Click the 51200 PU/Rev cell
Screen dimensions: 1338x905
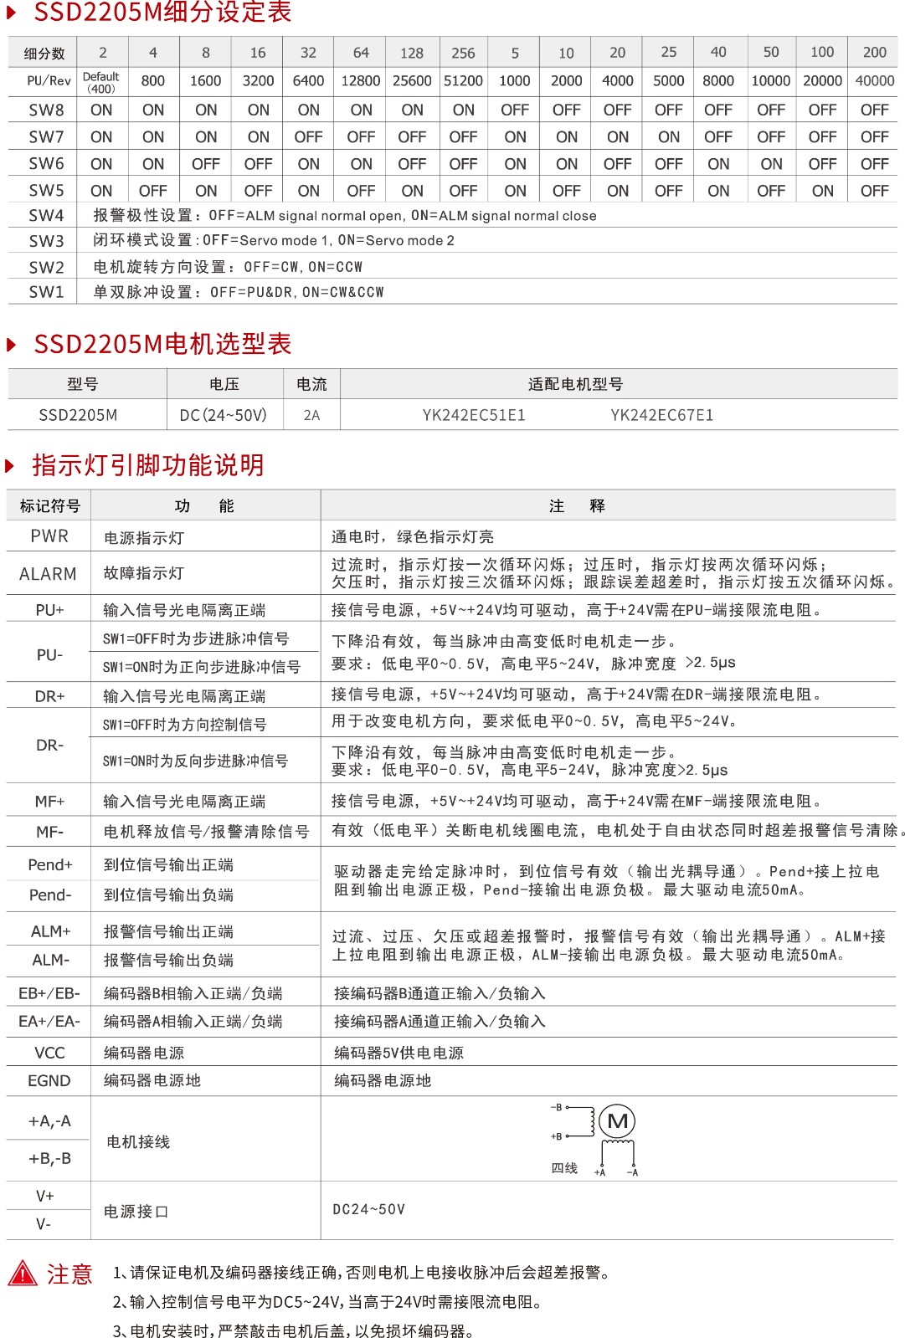463,81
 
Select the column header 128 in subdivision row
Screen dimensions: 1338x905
412,53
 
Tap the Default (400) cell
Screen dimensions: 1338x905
101,82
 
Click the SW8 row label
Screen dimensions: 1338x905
46,110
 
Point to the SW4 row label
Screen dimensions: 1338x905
46,215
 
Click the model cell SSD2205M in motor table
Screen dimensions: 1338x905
78,415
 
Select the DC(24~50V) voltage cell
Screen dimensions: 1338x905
224,415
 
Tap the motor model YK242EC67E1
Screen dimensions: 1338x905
661,415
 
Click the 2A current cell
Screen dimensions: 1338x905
311,415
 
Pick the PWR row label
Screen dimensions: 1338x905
49,536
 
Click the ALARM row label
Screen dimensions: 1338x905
48,574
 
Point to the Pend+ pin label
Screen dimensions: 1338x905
50,864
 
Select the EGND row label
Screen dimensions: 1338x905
49,1080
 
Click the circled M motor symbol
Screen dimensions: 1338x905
618,1121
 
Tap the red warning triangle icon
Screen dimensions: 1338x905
23,1274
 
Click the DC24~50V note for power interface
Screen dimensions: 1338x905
368,1209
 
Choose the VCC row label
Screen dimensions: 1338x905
49,1053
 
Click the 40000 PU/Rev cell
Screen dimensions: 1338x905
874,81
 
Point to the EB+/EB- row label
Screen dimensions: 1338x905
49,993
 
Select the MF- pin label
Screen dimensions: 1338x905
49,832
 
